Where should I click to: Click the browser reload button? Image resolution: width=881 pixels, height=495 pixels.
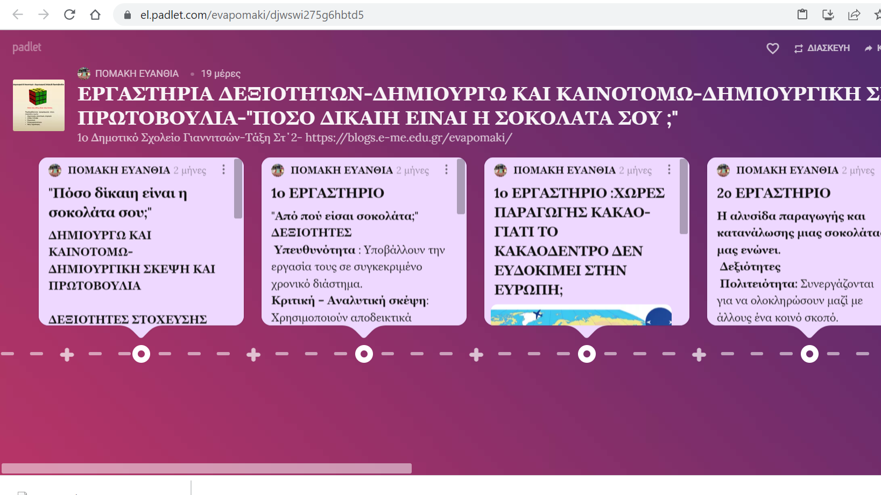pyautogui.click(x=69, y=15)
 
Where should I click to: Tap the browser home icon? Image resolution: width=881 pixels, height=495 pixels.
pyautogui.click(x=95, y=15)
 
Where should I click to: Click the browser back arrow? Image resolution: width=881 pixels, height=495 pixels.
pyautogui.click(x=18, y=15)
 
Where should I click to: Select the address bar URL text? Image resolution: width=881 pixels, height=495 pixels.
pyautogui.click(x=252, y=15)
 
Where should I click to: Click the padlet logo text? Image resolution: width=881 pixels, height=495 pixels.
pyautogui.click(x=27, y=47)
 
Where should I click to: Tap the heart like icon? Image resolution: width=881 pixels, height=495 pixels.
pyautogui.click(x=772, y=48)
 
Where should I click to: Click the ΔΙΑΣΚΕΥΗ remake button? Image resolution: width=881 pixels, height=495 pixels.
pyautogui.click(x=822, y=48)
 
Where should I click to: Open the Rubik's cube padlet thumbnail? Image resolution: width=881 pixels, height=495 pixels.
pyautogui.click(x=39, y=105)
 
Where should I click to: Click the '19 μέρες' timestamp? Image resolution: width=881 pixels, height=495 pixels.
pyautogui.click(x=221, y=74)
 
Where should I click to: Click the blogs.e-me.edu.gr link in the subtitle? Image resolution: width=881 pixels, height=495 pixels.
pyautogui.click(x=408, y=138)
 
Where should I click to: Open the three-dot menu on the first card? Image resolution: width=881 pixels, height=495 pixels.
pyautogui.click(x=223, y=170)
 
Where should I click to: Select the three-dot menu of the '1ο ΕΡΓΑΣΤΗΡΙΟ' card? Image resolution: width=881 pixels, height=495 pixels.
pyautogui.click(x=446, y=170)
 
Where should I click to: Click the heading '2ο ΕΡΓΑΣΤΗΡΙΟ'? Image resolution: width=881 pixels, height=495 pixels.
pyautogui.click(x=773, y=193)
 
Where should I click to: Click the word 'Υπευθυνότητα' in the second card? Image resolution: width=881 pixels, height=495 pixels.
pyautogui.click(x=315, y=250)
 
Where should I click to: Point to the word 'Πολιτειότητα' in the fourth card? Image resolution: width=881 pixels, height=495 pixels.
pyautogui.click(x=758, y=284)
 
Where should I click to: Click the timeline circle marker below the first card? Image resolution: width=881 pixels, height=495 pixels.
pyautogui.click(x=141, y=354)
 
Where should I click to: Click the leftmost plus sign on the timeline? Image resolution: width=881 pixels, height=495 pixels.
pyautogui.click(x=67, y=354)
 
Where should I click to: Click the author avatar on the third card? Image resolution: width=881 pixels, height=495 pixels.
pyautogui.click(x=501, y=170)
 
